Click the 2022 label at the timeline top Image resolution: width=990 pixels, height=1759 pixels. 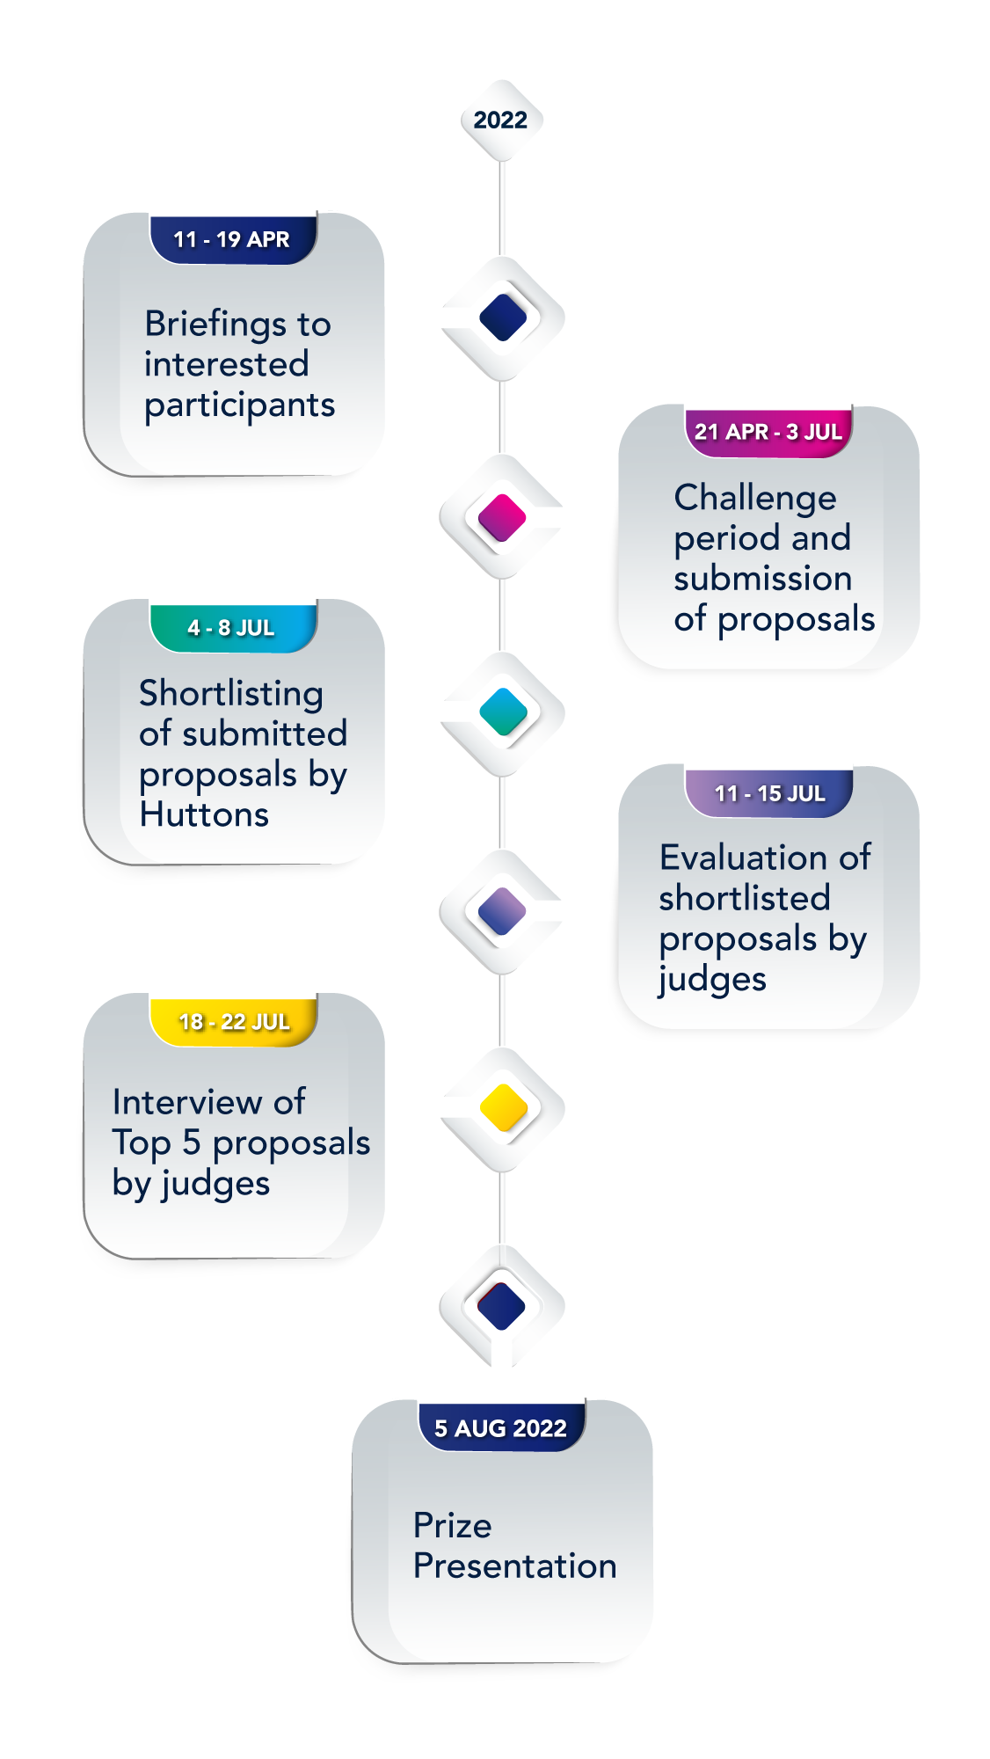coord(500,120)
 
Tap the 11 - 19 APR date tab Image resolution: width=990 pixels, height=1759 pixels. coord(233,239)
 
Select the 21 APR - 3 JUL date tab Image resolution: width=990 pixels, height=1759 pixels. coord(768,432)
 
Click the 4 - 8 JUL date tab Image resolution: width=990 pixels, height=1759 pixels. coord(233,628)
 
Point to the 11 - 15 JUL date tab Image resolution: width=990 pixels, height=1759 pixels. coord(768,793)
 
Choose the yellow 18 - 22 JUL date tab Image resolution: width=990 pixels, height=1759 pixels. coord(233,1022)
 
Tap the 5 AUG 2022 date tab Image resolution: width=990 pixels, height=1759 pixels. coord(501,1427)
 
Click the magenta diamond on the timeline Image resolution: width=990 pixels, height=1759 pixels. coord(502,517)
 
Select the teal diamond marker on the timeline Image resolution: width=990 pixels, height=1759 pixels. coord(503,712)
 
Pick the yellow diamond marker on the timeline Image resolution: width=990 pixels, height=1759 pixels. coord(503,1107)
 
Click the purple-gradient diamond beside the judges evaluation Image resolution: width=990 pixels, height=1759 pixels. coord(502,911)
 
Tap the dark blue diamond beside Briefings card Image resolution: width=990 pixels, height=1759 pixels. coord(503,317)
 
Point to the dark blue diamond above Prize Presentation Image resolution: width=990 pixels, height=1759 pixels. coord(501,1306)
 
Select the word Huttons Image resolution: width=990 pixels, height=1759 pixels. coord(204,814)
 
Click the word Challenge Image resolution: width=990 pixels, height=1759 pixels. coord(755,499)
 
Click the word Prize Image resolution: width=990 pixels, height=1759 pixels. coord(453,1526)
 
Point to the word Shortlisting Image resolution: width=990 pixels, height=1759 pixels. coord(231,694)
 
